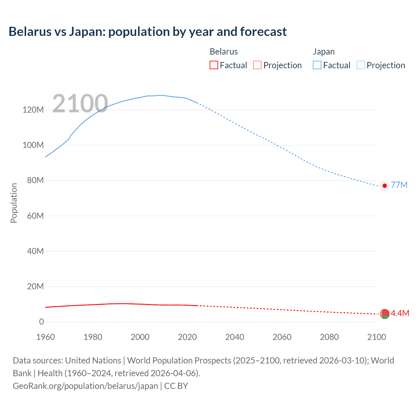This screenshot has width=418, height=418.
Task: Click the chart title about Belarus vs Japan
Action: [148, 32]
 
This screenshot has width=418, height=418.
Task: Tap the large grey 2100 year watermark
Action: [80, 104]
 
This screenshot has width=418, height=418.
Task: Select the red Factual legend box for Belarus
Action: [214, 65]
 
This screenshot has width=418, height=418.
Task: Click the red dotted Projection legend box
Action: [257, 65]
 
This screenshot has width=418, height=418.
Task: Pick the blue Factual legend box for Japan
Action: [317, 65]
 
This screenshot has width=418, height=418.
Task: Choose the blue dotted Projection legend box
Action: [361, 65]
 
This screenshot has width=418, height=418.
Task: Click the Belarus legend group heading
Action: [224, 52]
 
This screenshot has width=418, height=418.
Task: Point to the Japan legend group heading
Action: [324, 52]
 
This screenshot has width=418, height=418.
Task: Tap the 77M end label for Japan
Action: [399, 185]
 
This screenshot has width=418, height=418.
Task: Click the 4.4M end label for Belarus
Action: [400, 313]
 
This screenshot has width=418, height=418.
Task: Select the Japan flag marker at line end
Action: [385, 185]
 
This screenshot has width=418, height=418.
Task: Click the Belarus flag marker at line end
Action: [385, 314]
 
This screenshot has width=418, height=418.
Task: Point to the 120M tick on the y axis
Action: [33, 110]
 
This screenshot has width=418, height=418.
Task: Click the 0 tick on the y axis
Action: [41, 322]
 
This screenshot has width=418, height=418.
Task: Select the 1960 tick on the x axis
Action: [45, 337]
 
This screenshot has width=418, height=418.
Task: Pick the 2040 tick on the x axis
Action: [234, 337]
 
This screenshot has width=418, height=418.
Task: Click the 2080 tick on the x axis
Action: [329, 337]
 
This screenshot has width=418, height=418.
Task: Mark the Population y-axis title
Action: [14, 203]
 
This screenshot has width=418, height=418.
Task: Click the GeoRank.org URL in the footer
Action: [85, 386]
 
